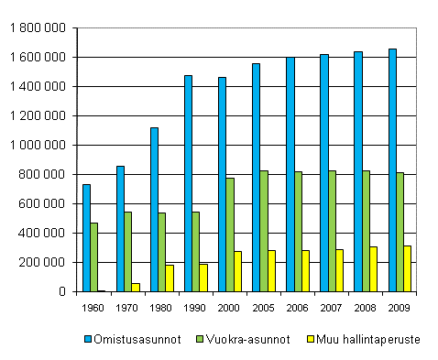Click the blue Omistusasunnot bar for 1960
(x=86, y=238)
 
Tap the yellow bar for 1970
(x=137, y=287)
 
